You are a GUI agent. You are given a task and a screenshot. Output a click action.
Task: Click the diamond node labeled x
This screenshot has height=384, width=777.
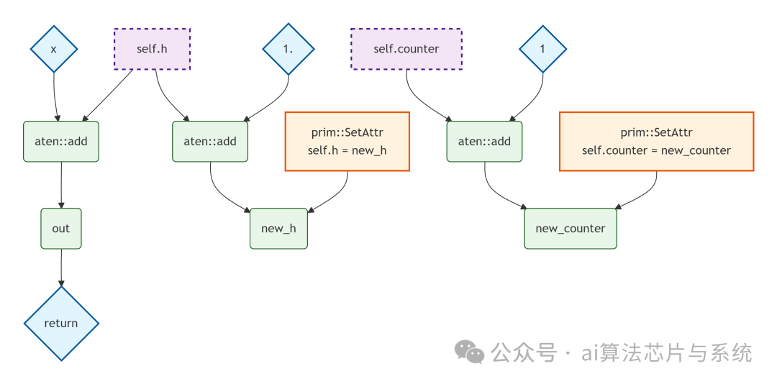(54, 49)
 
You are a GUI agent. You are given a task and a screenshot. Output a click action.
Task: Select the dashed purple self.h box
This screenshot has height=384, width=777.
(152, 49)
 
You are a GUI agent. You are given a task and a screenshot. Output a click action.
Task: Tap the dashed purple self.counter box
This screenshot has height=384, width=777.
(406, 49)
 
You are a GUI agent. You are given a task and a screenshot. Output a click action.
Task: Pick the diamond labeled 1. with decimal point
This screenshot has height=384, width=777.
(288, 49)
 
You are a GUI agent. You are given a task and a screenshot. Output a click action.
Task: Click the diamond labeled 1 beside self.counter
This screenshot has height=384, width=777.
(543, 49)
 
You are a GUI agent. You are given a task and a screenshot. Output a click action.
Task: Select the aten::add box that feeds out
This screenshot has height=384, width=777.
(61, 141)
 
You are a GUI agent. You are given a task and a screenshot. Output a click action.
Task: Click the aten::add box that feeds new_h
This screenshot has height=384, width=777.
(210, 141)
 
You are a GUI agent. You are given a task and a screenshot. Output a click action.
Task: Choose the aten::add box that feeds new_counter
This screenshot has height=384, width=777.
(484, 141)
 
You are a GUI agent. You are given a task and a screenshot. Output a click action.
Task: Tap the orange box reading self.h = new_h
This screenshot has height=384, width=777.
(347, 142)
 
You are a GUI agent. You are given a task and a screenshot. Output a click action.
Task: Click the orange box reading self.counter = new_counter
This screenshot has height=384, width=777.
(656, 142)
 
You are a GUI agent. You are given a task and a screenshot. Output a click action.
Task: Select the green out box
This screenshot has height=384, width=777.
(61, 229)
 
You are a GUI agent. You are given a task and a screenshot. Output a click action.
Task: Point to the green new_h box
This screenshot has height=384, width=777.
(278, 229)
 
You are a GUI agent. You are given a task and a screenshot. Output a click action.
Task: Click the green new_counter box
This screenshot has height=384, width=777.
(571, 229)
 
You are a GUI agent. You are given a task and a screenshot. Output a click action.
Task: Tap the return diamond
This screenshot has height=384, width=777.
(61, 324)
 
